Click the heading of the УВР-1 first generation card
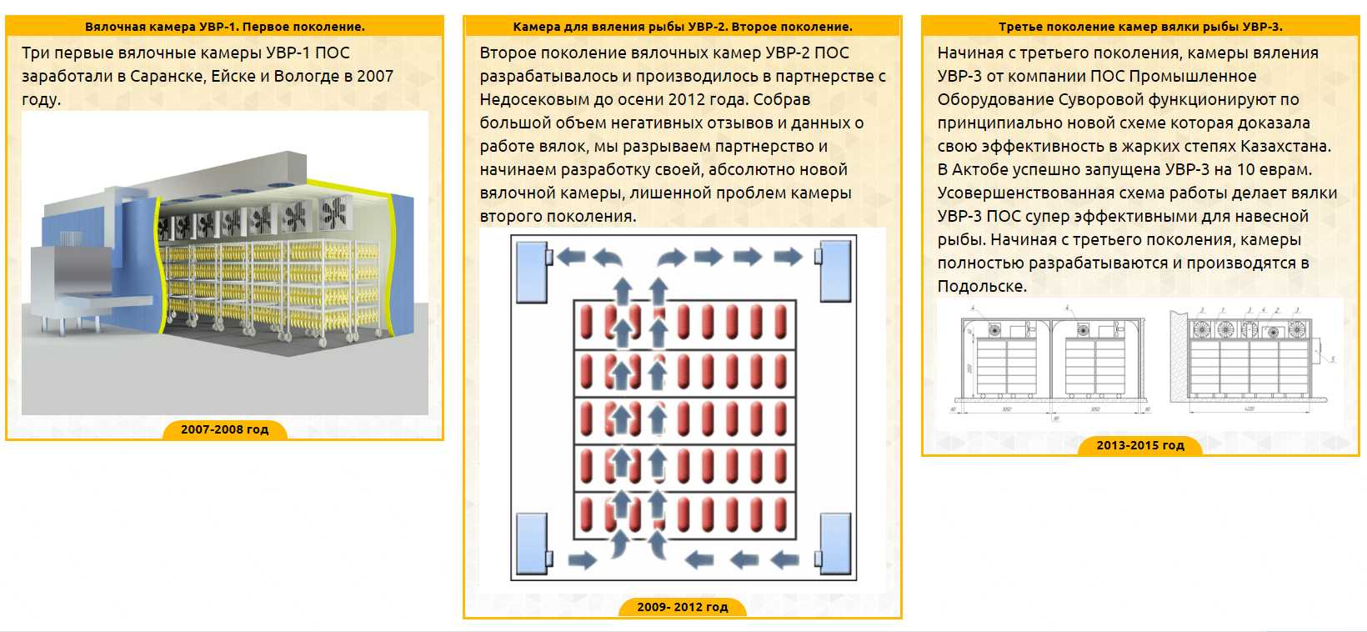[x=224, y=27]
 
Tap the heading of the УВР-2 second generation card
[x=682, y=27]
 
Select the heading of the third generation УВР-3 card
[x=1140, y=27]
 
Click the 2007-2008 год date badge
[x=224, y=429]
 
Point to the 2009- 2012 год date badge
[x=682, y=607]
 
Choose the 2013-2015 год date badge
[x=1140, y=445]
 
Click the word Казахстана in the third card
[x=1284, y=146]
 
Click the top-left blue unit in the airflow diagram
[x=532, y=272]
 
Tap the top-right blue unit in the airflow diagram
[x=835, y=272]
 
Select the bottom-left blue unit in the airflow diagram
[x=532, y=544]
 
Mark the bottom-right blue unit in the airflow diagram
[x=835, y=544]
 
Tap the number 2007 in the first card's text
[x=374, y=76]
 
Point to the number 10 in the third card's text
[x=1246, y=169]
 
